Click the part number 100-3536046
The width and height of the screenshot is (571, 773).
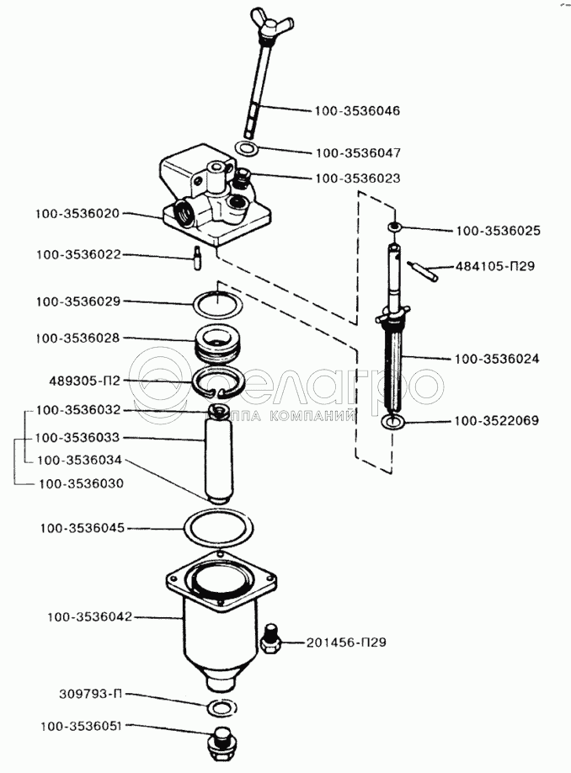[x=357, y=111]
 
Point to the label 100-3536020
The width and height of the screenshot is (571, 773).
[x=77, y=214]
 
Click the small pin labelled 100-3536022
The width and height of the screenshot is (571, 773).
[x=197, y=258]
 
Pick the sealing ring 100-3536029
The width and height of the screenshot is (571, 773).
[x=217, y=305]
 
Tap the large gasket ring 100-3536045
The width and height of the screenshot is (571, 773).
[x=217, y=530]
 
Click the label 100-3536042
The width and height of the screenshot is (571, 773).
[x=90, y=616]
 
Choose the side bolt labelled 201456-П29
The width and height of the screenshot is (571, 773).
[x=269, y=639]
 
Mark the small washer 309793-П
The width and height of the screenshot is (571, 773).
[x=219, y=708]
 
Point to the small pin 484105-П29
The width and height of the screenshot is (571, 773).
[x=423, y=272]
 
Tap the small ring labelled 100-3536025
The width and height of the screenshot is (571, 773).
[x=394, y=227]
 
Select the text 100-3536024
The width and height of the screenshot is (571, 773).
[x=497, y=359]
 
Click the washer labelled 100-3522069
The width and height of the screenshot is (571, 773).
[x=393, y=422]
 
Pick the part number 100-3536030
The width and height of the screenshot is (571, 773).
[x=81, y=483]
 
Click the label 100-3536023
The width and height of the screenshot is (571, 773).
[x=357, y=178]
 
